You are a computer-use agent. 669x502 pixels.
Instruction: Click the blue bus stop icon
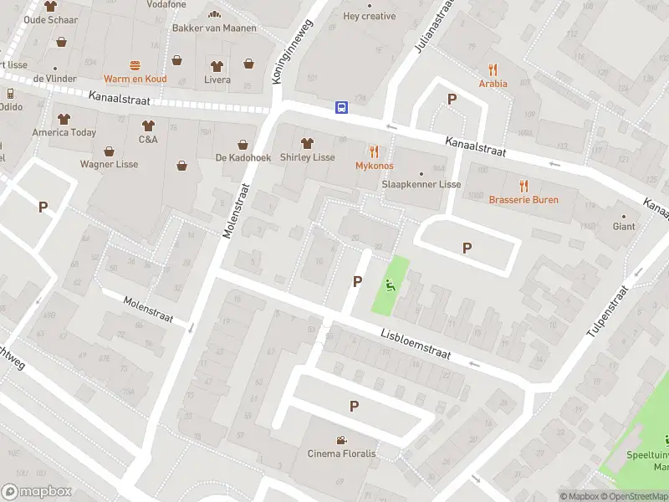pyautogui.click(x=342, y=107)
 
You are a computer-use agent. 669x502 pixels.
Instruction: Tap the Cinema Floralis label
pyautogui.click(x=341, y=453)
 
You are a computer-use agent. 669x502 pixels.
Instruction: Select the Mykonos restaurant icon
pyautogui.click(x=374, y=151)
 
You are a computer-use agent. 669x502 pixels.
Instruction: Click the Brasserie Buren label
pyautogui.click(x=523, y=200)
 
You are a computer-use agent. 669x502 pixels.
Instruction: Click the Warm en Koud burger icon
pyautogui.click(x=135, y=64)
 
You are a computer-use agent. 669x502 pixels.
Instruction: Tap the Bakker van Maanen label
pyautogui.click(x=214, y=28)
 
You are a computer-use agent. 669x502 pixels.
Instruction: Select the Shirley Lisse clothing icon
pyautogui.click(x=307, y=143)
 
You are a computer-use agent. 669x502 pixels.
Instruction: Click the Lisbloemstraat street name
pyautogui.click(x=416, y=343)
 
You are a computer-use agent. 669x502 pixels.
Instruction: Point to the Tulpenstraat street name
pyautogui.click(x=606, y=311)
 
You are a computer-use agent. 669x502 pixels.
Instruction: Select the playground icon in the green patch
pyautogui.click(x=390, y=284)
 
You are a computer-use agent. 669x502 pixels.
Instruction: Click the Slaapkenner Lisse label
pyautogui.click(x=421, y=184)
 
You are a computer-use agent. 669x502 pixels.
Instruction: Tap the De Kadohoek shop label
pyautogui.click(x=243, y=158)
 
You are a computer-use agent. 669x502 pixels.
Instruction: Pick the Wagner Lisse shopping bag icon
pyautogui.click(x=110, y=151)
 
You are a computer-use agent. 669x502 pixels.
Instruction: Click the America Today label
pyautogui.click(x=64, y=132)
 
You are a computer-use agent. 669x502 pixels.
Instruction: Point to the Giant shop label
pyautogui.click(x=624, y=227)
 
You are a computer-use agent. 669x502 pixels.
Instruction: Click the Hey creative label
pyautogui.click(x=370, y=16)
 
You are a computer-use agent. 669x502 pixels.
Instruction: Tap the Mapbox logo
pyautogui.click(x=36, y=492)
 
